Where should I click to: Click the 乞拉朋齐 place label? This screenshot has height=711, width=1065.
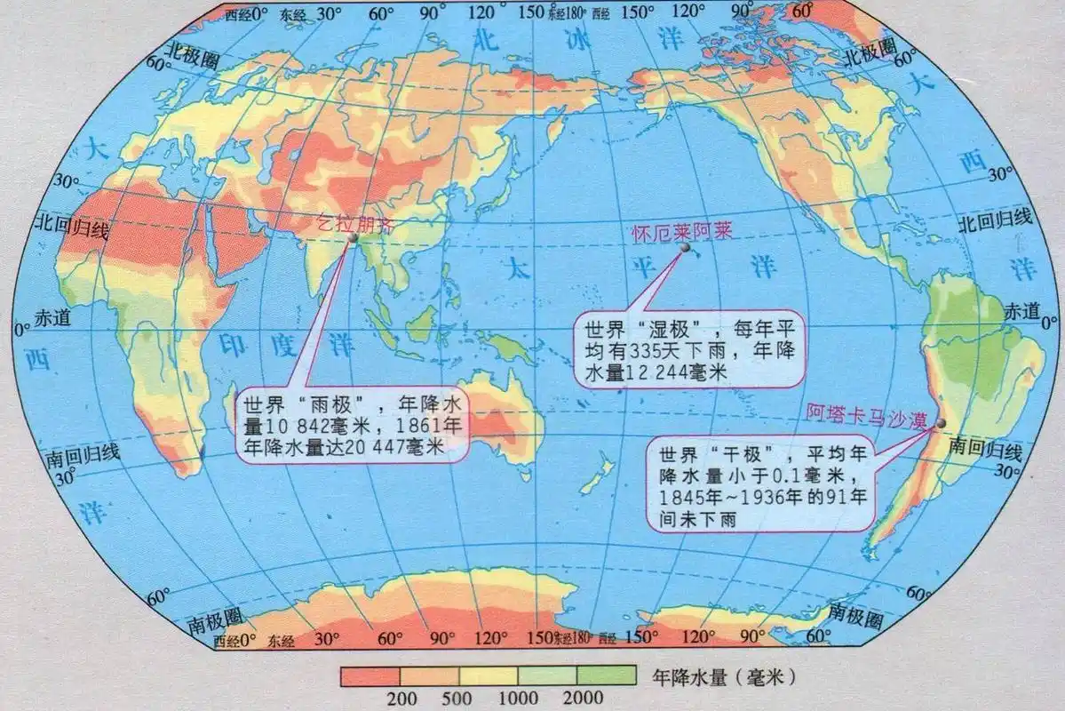(354, 223)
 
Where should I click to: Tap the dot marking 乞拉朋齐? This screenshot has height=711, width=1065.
(353, 238)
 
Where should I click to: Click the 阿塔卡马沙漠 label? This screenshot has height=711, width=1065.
(862, 412)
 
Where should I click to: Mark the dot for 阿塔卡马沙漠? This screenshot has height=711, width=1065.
(942, 423)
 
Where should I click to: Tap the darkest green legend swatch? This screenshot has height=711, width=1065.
(608, 675)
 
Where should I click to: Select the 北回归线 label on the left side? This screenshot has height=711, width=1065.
(71, 229)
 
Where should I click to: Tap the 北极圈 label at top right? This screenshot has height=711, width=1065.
(869, 55)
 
